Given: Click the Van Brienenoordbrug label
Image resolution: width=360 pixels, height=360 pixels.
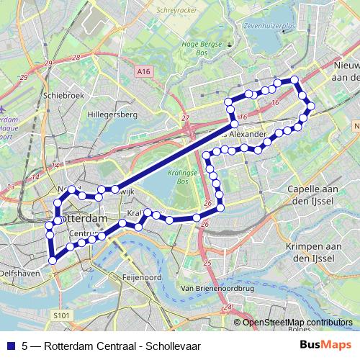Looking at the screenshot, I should click(x=217, y=288).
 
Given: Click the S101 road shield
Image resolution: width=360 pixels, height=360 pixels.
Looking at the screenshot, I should click(x=63, y=314).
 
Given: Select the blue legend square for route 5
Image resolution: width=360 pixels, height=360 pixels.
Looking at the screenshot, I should click(x=10, y=345).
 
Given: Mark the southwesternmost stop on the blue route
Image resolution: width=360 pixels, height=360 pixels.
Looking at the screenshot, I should click(x=52, y=261).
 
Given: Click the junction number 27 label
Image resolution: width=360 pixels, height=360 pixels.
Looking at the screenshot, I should click(x=186, y=117).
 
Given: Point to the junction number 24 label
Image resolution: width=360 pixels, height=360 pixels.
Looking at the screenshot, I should click(x=229, y=308).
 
